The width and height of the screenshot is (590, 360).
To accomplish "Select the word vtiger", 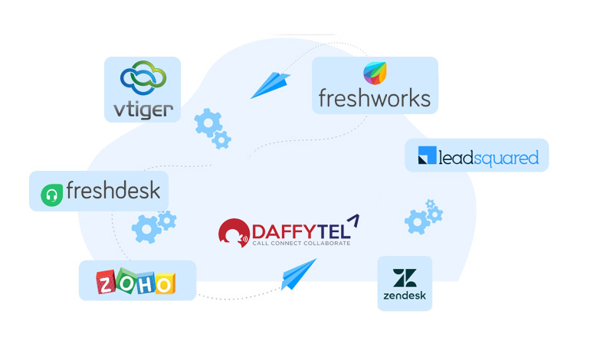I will coord(143,109).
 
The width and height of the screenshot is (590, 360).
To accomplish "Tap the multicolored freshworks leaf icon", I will coord(375,74).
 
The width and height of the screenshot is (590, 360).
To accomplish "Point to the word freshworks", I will coord(375,99).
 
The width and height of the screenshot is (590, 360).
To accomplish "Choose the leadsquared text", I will coord(488,158).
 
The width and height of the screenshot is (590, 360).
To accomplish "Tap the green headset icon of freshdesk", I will coord(52,193).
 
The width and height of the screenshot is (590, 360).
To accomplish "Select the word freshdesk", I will coord(113,190).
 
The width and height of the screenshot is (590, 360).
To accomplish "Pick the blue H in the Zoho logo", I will coord(145,283).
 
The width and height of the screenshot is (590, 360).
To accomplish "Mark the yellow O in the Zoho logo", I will coord(164,283).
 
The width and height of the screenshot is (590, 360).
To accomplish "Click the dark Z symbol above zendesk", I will coord(404,277).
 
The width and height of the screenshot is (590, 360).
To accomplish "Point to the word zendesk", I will coord(405,296).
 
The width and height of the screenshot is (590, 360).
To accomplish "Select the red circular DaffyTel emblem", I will coord(233,234).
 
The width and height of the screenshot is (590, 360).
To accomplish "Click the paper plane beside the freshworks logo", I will coord(271,84).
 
